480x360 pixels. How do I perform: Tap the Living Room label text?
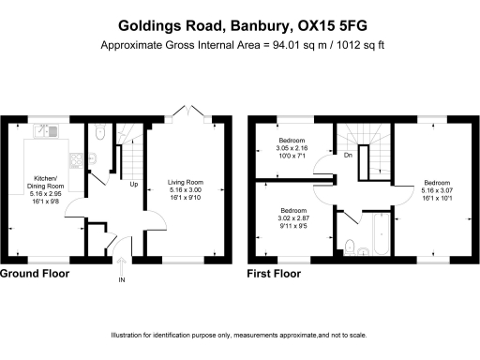click(184, 189)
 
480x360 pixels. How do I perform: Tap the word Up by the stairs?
click(134, 184)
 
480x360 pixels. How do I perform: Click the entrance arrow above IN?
click(122, 262)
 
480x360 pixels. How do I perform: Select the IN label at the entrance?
click(122, 280)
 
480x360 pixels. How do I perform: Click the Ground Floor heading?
click(34, 274)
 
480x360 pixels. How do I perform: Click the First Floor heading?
click(274, 274)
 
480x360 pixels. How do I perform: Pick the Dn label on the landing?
click(348, 155)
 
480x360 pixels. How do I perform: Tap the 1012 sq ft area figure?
click(359, 44)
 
